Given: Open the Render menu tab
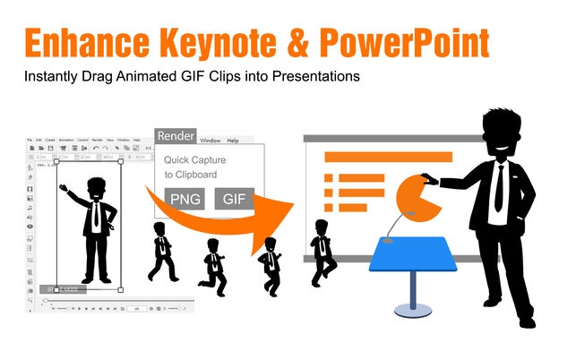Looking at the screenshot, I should coord(175,136).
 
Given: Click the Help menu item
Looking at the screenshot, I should coord(233,141).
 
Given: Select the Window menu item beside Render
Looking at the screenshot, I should coord(210,141).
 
